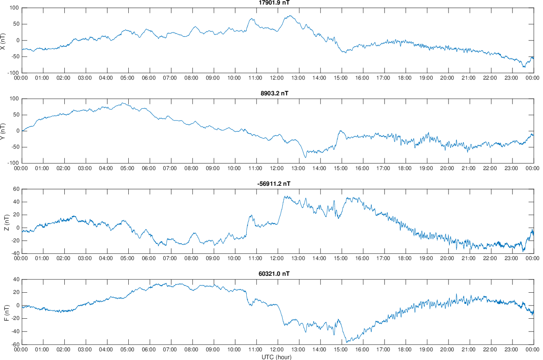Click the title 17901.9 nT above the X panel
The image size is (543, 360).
274,3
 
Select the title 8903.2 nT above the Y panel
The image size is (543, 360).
274,93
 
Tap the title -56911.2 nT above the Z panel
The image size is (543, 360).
274,184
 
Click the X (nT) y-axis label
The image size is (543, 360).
3,40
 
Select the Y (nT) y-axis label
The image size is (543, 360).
3,131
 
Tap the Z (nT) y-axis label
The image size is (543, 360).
6,221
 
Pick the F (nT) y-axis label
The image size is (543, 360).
6,312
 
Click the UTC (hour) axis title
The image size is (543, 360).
276,357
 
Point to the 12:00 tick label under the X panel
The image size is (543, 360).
277,78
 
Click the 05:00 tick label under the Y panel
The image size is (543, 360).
128,168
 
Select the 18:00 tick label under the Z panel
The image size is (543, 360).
404,258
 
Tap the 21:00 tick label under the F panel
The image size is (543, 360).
468,349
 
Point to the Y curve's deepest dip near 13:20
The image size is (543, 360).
305,157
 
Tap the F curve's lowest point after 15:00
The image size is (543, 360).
347,342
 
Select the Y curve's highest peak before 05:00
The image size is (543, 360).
123,103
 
